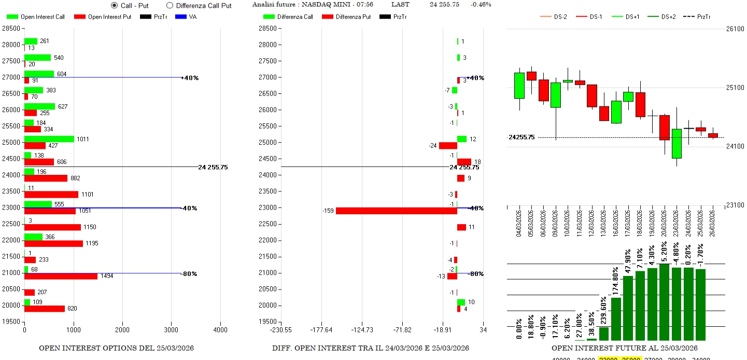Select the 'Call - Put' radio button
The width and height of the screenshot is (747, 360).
click(x=115, y=5)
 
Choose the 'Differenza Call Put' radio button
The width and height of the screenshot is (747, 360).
click(x=170, y=5)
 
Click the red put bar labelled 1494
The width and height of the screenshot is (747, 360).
click(x=61, y=276)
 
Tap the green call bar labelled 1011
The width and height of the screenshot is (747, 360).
click(x=49, y=139)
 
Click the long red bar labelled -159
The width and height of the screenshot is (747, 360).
click(x=396, y=211)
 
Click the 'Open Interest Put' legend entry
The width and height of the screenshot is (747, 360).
click(x=102, y=17)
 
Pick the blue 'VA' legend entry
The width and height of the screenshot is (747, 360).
click(x=186, y=17)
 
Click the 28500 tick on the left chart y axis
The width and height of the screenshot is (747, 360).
click(x=12, y=29)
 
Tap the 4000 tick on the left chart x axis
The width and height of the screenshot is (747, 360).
click(x=220, y=329)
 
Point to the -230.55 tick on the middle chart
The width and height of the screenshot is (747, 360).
click(x=281, y=329)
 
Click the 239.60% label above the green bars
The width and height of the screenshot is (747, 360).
click(x=603, y=311)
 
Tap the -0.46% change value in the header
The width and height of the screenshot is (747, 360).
click(x=481, y=5)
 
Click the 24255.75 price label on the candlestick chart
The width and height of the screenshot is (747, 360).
click(x=521, y=137)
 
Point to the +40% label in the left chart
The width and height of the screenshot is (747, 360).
click(x=190, y=78)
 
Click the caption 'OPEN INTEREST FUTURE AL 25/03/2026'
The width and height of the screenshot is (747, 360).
click(x=624, y=348)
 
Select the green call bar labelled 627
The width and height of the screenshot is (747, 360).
click(x=39, y=106)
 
